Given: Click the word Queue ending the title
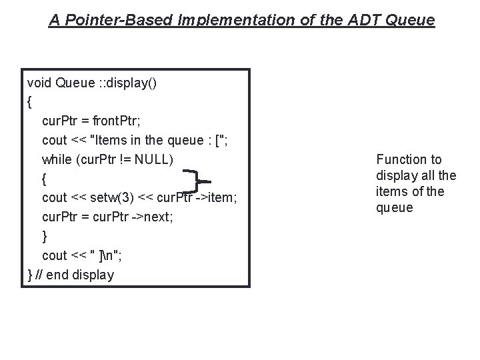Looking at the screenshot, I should (x=415, y=21).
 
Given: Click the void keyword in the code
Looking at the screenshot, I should (x=39, y=83).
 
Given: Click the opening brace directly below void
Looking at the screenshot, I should (x=29, y=102).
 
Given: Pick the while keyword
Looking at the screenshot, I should (x=57, y=159).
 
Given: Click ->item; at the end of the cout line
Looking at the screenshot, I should (x=216, y=197).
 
